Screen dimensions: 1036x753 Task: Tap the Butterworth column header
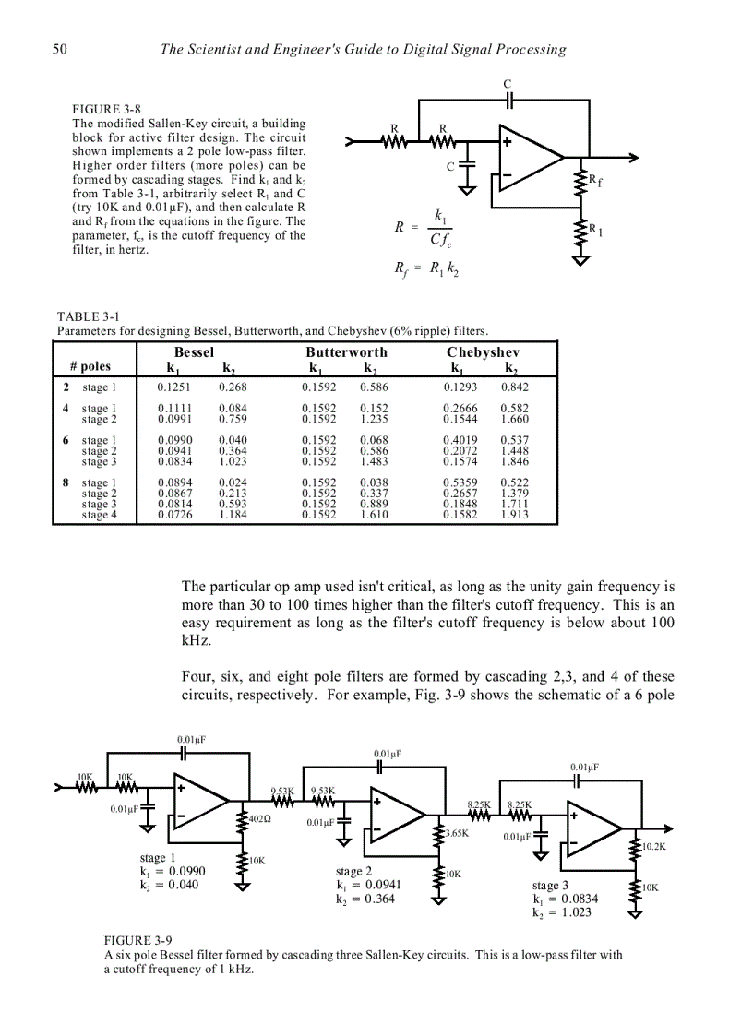[346, 352]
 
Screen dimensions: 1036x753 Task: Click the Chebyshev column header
[483, 352]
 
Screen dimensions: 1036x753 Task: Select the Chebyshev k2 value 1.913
[514, 516]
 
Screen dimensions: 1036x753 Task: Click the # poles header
[90, 366]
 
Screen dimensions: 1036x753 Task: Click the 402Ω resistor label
[259, 818]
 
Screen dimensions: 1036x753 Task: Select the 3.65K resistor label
[457, 833]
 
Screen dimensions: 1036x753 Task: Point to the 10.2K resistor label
[653, 846]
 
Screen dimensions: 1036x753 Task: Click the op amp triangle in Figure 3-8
[526, 159]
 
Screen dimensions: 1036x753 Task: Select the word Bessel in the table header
[194, 352]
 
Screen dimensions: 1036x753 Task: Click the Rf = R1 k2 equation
[420, 269]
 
